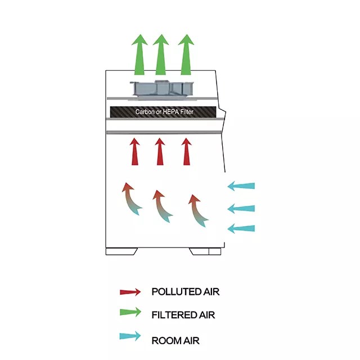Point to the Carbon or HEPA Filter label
[164, 112]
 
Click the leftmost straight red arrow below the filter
[134, 151]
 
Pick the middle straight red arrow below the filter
[160, 151]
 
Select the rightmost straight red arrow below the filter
[186, 151]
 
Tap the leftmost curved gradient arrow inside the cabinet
[131, 199]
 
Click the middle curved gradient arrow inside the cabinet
[163, 206]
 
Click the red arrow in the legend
[130, 292]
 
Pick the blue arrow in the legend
[130, 337]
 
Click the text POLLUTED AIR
[185, 292]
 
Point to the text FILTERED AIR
[183, 315]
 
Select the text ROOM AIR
[175, 340]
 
